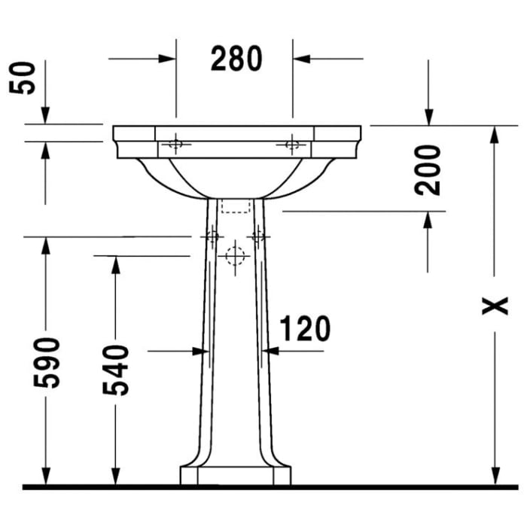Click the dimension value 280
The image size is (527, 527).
[236, 59]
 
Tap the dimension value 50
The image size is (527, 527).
[26, 77]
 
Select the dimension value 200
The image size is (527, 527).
[428, 169]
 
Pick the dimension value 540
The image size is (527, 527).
[116, 370]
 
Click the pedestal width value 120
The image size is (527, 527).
[305, 329]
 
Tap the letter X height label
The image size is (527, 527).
[495, 306]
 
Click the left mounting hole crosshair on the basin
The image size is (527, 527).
[175, 144]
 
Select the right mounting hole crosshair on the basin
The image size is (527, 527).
[293, 144]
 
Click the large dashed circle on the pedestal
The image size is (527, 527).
[236, 256]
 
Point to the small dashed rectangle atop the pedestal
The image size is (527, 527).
[236, 206]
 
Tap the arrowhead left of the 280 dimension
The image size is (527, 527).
[167, 58]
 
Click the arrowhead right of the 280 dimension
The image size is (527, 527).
[302, 58]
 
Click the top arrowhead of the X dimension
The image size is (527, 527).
[495, 135]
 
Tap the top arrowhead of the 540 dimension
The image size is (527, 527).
[116, 265]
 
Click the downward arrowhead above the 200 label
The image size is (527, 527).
[428, 116]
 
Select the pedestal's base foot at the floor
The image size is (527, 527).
[235, 476]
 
